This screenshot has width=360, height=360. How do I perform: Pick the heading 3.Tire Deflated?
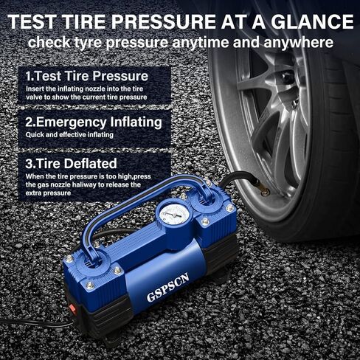(72, 163)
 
